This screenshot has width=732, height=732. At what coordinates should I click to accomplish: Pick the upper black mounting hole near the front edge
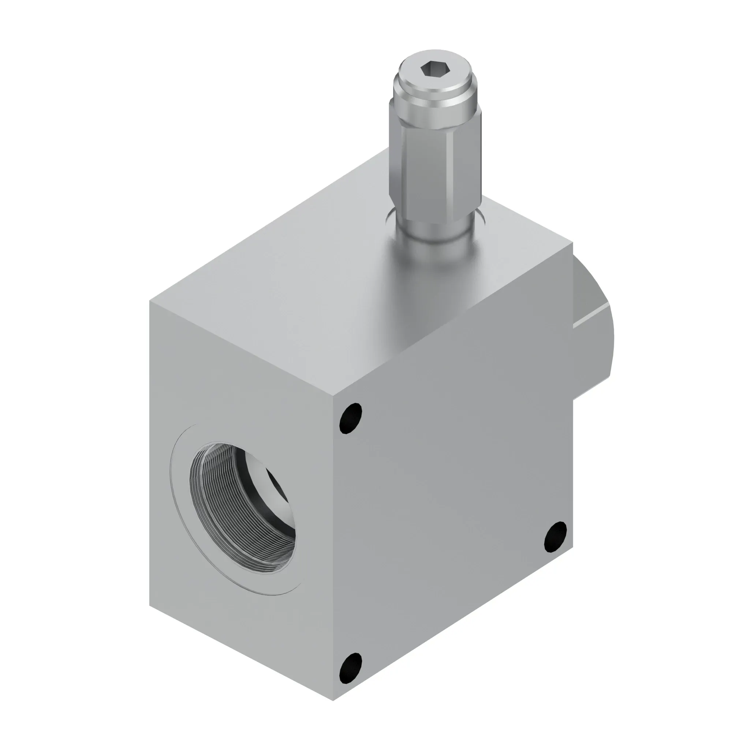pos(351,418)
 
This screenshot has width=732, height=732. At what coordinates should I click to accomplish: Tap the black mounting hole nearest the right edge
pos(556,536)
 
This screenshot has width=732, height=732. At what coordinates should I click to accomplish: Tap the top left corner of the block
pos(150,302)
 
